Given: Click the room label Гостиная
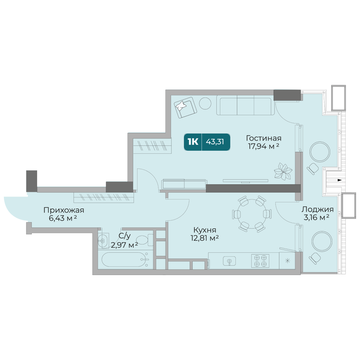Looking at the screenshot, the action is pos(264,138).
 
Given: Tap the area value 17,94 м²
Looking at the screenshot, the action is pos(264,146).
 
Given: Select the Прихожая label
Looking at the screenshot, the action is pos(64,210).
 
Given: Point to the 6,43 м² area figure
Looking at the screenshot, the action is pos(63,218).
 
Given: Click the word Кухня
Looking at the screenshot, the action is pos(204,230).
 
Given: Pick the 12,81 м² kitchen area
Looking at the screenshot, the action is pos(204,238).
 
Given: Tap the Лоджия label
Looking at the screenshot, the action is pos(318,209).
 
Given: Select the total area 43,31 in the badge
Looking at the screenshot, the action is pos(215,142).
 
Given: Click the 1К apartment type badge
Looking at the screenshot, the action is pos(193,142).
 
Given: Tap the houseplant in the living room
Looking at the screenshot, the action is pos(283,171).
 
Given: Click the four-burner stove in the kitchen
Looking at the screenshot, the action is pos(260,261).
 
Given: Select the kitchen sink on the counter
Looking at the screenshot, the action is pos(229,261).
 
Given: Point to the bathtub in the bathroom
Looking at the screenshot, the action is pos(125,260).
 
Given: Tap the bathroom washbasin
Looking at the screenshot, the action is pos(103,240).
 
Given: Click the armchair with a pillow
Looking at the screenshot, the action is pos(185,107).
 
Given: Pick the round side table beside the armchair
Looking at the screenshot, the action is pos(205,103).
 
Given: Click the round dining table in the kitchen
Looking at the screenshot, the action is pos(252,214).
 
